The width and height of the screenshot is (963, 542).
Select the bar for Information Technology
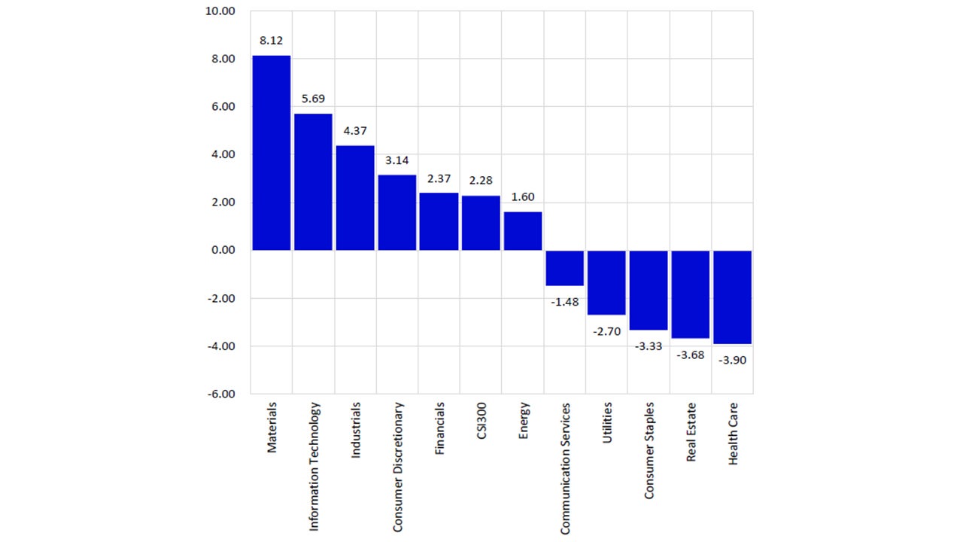click(x=313, y=181)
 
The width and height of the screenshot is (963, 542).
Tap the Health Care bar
click(x=732, y=297)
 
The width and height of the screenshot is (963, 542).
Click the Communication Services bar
click(x=564, y=268)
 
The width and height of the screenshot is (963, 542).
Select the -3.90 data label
click(x=732, y=360)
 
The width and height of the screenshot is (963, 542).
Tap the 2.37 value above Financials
click(x=439, y=178)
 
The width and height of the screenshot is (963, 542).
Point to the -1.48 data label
click(x=564, y=302)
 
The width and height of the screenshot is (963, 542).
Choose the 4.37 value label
click(x=355, y=131)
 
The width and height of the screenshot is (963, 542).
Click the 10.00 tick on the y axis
click(x=220, y=11)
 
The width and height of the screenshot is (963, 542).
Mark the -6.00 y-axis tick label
click(x=219, y=394)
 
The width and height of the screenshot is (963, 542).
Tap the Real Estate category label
click(x=691, y=432)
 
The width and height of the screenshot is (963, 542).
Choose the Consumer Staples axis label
click(x=649, y=450)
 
